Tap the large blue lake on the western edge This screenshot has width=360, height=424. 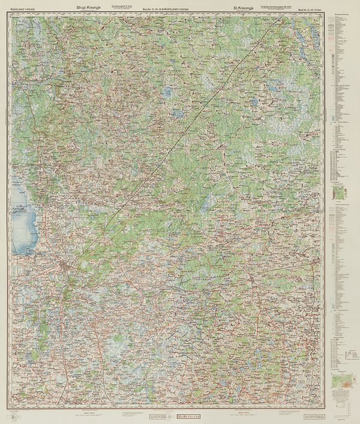23,219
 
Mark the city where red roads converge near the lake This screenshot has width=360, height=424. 65,265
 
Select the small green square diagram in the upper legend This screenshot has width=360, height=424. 340,192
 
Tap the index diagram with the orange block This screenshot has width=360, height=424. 341,381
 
